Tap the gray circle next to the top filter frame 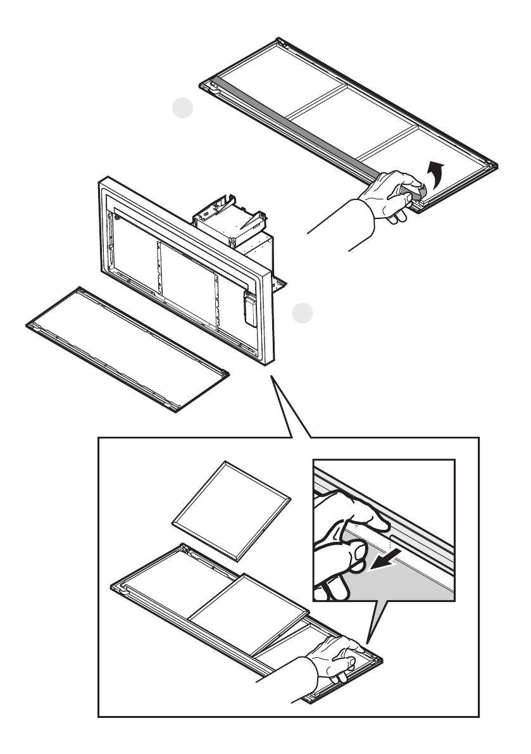183,110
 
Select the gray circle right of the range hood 303,312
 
